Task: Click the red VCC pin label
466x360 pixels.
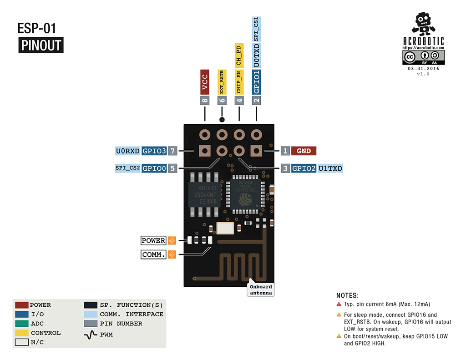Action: (205, 81)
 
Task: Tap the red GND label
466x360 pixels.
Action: (304, 151)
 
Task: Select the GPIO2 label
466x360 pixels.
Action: (304, 168)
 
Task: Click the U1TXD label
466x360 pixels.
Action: (330, 168)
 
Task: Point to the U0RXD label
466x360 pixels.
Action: (128, 151)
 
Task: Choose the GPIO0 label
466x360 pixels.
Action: (154, 168)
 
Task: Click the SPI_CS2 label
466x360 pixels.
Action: (128, 168)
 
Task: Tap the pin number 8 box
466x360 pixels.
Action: (205, 101)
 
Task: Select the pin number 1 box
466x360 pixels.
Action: (285, 151)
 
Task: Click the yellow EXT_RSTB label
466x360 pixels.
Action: (222, 82)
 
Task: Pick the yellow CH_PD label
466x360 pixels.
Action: (239, 55)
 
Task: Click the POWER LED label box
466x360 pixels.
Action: (153, 241)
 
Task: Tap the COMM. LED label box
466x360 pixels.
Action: (153, 254)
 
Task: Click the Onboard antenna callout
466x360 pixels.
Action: (261, 290)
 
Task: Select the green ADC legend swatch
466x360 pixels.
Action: (22, 324)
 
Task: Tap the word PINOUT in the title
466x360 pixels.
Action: (41, 46)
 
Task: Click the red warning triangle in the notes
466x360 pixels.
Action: (339, 304)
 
